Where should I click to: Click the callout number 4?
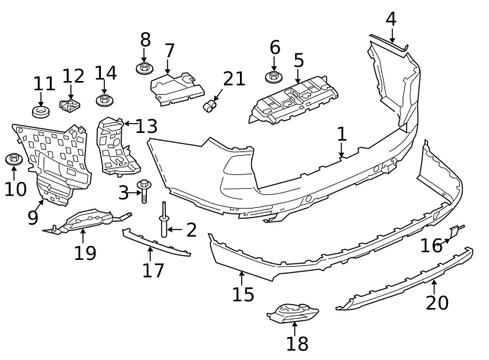point(390,18)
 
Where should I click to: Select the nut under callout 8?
point(144,69)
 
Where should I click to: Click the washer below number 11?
point(41,112)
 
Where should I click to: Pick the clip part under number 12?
point(70,103)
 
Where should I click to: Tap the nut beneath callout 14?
point(105,100)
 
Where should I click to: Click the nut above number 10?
point(13,159)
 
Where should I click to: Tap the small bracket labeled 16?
point(455,231)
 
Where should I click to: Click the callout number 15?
point(243,294)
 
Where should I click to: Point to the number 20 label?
point(437,303)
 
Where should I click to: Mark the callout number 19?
point(85,252)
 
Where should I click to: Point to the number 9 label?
point(33,218)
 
